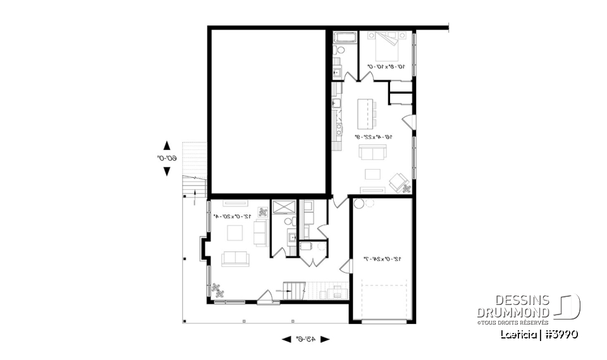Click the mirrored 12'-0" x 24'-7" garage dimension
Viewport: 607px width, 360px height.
coord(381,258)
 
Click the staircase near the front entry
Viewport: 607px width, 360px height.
coord(293,292)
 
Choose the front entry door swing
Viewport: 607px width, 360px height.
coord(266,296)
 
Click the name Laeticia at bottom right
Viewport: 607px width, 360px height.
coord(517,334)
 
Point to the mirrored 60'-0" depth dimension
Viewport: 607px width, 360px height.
coord(166,158)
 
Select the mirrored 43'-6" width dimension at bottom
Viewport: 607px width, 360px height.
coord(306,339)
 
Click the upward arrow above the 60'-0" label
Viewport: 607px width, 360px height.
coord(167,145)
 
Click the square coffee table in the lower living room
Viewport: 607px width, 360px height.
coord(235,233)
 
